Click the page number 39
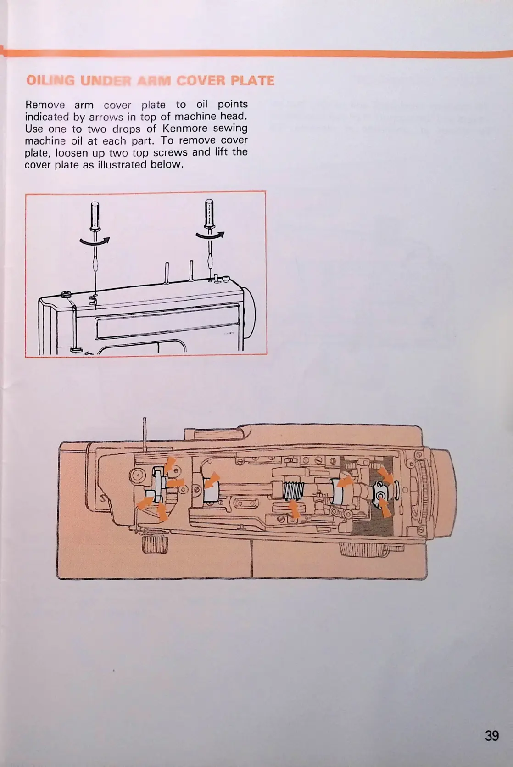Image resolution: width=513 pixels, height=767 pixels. [491, 735]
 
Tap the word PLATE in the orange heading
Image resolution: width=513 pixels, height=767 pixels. [252, 81]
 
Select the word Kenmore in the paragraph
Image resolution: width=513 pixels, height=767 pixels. [185, 128]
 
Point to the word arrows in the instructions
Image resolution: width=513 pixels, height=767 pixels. [106, 117]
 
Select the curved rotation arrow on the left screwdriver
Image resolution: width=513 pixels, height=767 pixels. [95, 241]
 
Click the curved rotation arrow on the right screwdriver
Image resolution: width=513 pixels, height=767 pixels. [210, 235]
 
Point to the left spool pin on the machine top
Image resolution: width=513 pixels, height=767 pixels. [167, 273]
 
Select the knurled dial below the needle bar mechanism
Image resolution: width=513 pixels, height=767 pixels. [149, 545]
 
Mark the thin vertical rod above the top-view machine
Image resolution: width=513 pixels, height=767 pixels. [145, 431]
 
